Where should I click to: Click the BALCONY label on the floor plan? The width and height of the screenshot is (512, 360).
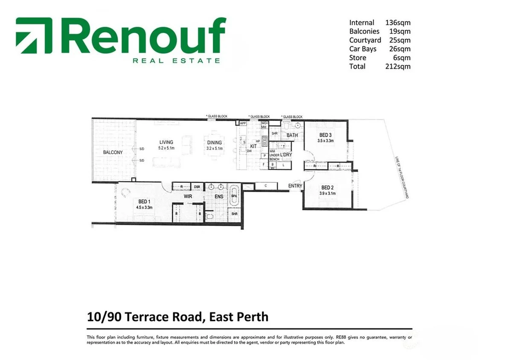(x=113, y=152)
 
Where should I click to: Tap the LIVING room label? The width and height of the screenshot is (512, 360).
(x=166, y=143)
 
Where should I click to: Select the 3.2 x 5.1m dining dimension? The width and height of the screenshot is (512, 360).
(x=215, y=149)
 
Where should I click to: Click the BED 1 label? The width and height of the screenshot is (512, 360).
(x=144, y=202)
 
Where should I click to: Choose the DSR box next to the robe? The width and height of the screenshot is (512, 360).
(x=197, y=187)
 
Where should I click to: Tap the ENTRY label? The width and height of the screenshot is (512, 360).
(x=295, y=186)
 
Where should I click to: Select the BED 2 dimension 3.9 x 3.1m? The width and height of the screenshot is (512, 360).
(x=328, y=193)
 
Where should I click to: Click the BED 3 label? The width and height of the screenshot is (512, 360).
(x=325, y=135)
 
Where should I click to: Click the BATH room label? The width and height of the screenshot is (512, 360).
(x=292, y=135)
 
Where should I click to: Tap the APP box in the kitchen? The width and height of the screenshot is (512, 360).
(x=243, y=123)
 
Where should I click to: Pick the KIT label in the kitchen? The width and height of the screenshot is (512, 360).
(x=253, y=146)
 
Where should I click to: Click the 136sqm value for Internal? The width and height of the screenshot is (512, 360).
(x=398, y=23)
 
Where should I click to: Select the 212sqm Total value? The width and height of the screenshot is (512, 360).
(x=398, y=66)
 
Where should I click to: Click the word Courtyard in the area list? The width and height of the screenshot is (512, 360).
(x=365, y=40)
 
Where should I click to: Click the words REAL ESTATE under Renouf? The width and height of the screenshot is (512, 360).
(x=176, y=61)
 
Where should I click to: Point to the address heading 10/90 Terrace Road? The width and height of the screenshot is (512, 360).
(x=177, y=317)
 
